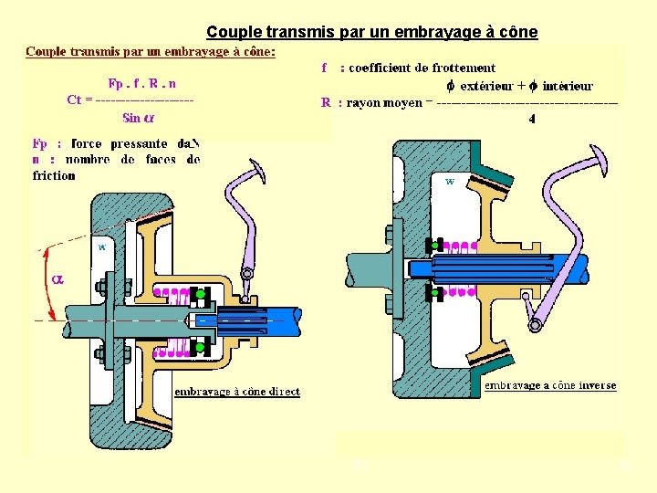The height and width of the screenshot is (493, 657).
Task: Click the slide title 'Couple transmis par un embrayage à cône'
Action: pyautogui.click(x=371, y=33)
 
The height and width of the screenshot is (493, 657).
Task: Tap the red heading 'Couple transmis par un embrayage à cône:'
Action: pyautogui.click(x=151, y=51)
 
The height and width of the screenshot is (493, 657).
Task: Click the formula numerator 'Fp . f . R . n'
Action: pyautogui.click(x=143, y=83)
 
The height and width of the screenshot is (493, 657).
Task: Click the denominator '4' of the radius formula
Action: pyautogui.click(x=532, y=118)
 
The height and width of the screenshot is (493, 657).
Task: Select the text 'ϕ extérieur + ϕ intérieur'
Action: pyautogui.click(x=519, y=86)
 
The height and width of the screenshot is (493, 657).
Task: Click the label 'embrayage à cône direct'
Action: pyautogui.click(x=237, y=392)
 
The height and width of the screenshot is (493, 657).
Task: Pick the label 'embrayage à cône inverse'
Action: pyautogui.click(x=549, y=385)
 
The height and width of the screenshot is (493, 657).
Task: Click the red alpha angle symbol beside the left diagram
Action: pyautogui.click(x=57, y=278)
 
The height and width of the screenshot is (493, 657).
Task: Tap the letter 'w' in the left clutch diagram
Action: pyautogui.click(x=102, y=246)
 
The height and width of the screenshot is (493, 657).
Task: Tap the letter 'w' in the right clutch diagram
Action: pyautogui.click(x=450, y=182)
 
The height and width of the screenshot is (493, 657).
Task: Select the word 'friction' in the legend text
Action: pyautogui.click(x=53, y=175)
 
